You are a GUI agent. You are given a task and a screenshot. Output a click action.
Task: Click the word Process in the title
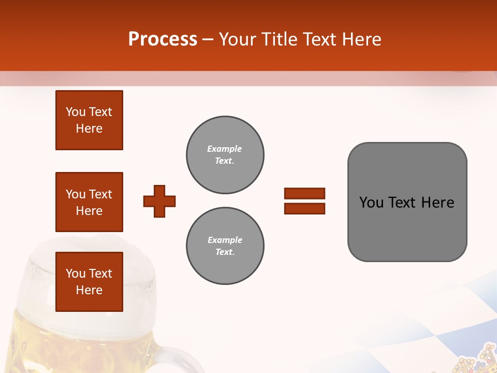[163, 39]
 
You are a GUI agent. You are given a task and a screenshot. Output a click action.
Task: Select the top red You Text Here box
[89, 120]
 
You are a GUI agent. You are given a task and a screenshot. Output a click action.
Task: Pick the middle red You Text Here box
[89, 202]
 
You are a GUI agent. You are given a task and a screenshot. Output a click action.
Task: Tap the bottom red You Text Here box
[89, 282]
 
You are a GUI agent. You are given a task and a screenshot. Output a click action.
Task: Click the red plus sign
[159, 201]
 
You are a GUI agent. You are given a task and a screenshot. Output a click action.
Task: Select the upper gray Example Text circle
[225, 154]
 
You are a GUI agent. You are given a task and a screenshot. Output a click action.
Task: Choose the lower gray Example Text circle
[225, 246]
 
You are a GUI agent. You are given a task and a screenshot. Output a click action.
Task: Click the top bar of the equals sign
[304, 193]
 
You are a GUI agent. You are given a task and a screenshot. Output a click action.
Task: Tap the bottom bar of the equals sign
[304, 208]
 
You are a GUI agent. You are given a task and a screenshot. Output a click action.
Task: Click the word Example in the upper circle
[225, 149]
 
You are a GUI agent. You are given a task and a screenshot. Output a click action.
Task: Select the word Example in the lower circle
[225, 240]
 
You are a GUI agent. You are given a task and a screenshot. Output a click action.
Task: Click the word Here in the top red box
[89, 128]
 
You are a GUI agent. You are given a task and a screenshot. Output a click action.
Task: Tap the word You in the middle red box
[76, 194]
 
